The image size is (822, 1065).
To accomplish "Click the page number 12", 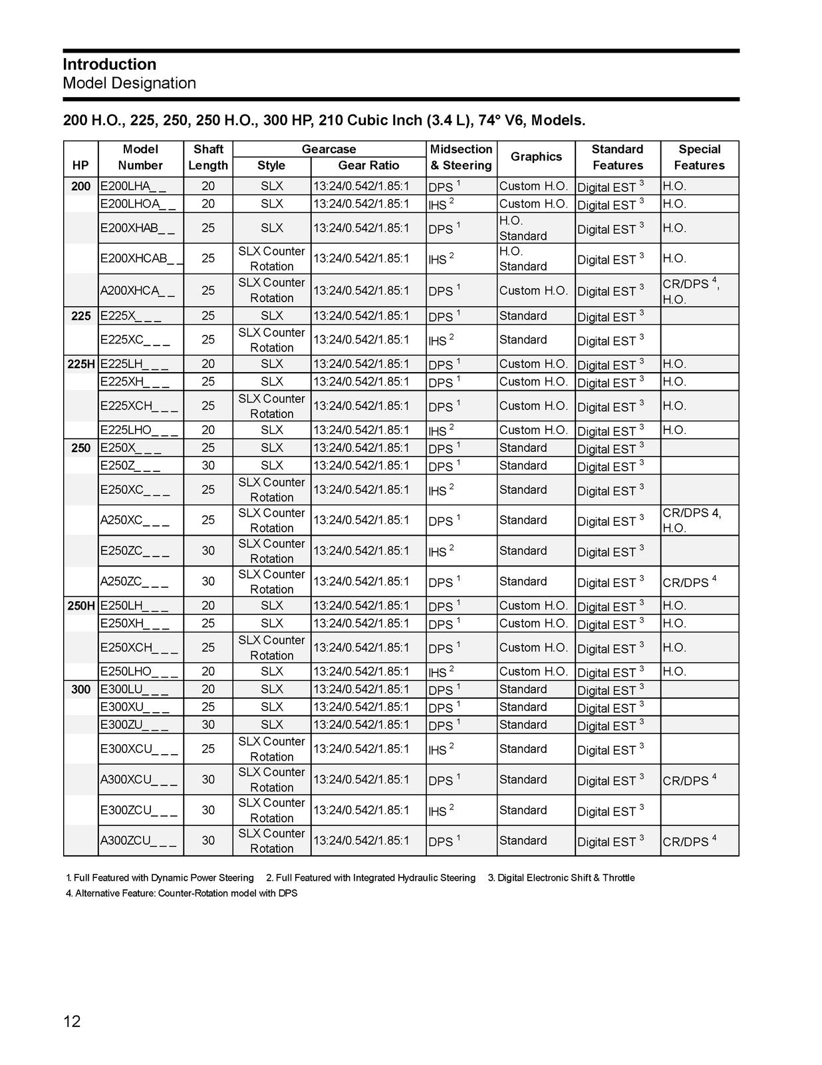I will click(x=72, y=1021).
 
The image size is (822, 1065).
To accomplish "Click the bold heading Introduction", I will click(x=110, y=65).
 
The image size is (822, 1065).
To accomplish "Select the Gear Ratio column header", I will click(x=368, y=166).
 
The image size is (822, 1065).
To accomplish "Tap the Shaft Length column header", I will click(x=208, y=158).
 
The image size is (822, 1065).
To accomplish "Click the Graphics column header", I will click(x=536, y=157).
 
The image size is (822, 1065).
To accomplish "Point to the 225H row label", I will click(x=81, y=364).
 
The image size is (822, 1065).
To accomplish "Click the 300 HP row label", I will click(x=81, y=690).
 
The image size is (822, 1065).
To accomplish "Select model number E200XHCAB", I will click(x=141, y=258).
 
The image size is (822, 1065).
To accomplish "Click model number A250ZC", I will click(x=134, y=582).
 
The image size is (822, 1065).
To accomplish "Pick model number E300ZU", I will click(x=134, y=725).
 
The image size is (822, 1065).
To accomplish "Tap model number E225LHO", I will click(x=139, y=430).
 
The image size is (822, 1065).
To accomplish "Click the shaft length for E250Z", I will click(x=208, y=466).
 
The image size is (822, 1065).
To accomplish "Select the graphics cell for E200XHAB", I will click(x=523, y=228).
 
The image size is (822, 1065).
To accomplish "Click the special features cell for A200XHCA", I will click(x=691, y=291).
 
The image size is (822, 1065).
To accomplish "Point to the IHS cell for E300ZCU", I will click(x=441, y=811).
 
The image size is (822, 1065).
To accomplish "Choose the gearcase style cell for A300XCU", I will click(x=271, y=779).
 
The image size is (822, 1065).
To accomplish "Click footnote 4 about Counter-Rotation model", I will click(x=182, y=893).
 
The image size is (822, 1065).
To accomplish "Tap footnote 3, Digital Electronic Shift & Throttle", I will click(x=561, y=878).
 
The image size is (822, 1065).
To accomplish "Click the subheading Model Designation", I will click(x=130, y=83).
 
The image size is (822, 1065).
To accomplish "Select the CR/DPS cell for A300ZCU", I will click(x=689, y=841).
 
